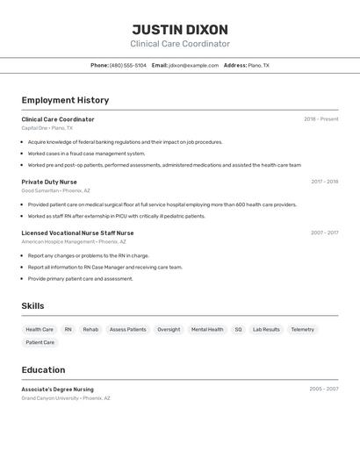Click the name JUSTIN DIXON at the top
click(x=180, y=30)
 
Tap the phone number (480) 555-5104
click(x=128, y=65)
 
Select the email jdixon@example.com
click(x=193, y=65)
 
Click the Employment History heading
click(x=65, y=100)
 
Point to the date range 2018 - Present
click(x=320, y=119)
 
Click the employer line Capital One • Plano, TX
click(x=47, y=128)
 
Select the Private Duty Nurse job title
click(x=49, y=182)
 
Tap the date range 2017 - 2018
click(x=324, y=182)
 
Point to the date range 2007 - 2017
click(x=324, y=232)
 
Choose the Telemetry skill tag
click(x=302, y=330)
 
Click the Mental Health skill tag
click(x=207, y=330)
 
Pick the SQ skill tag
click(x=238, y=330)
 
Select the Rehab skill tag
click(x=90, y=330)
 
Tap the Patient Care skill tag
click(x=40, y=342)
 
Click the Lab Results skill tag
click(x=266, y=330)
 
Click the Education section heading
click(x=43, y=369)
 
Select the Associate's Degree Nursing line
click(x=57, y=389)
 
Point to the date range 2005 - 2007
click(x=323, y=389)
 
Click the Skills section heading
click(x=33, y=305)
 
